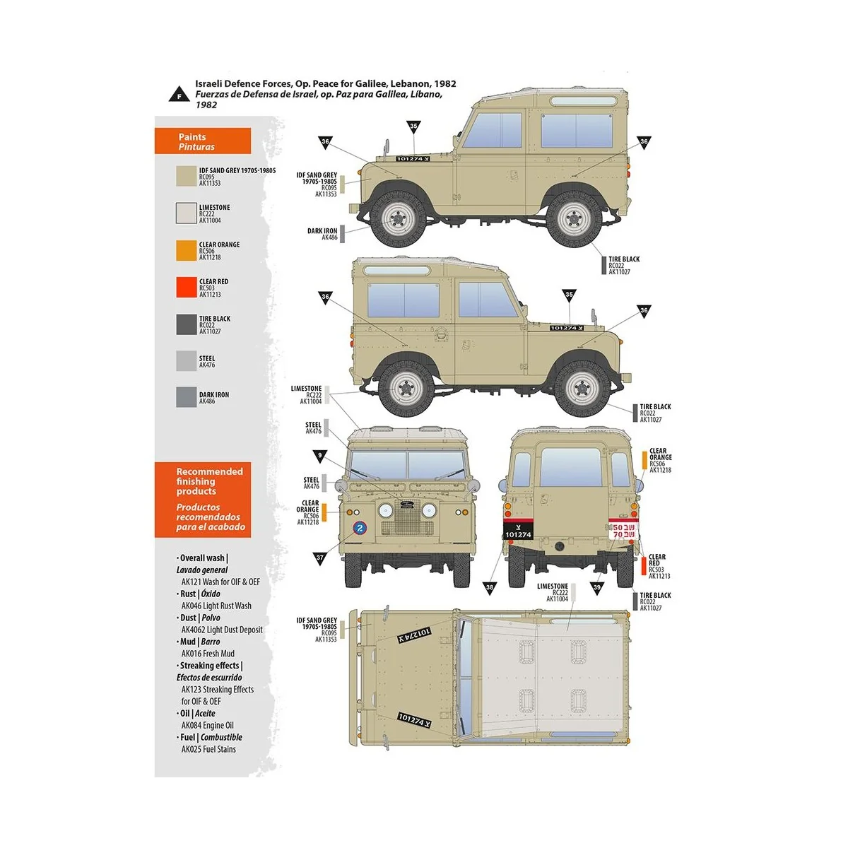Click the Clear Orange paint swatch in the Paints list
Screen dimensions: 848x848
coord(186,251)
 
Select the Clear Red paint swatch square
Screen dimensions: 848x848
coord(186,287)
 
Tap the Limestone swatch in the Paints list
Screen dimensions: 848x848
coord(186,213)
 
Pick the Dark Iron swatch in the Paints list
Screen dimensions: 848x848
coord(186,397)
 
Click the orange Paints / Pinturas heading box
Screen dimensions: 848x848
coord(203,141)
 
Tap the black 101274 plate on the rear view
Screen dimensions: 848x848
coord(518,531)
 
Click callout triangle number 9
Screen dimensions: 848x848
coord(320,457)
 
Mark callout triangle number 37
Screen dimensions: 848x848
coord(320,558)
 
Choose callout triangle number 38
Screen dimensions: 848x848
coord(490,587)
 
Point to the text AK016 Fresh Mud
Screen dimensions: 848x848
coord(208,654)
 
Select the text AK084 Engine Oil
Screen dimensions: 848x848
coord(207,725)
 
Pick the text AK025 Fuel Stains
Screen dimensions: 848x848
coord(208,749)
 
